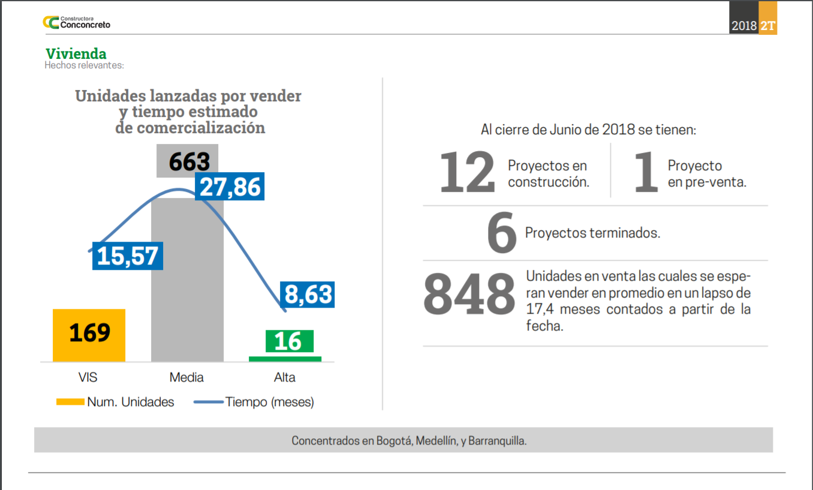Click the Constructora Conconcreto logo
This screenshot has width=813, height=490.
[76, 22]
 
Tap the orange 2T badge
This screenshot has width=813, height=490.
[767, 26]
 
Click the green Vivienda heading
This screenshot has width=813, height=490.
[76, 54]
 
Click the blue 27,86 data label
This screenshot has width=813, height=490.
[230, 187]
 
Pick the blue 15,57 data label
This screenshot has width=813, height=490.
[128, 256]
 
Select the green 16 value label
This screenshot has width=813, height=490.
[289, 341]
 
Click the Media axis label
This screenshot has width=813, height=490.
[186, 377]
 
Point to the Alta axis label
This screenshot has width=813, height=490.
[285, 377]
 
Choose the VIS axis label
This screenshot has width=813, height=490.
[88, 377]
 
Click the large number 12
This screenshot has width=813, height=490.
[468, 173]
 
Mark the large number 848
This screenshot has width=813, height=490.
[469, 294]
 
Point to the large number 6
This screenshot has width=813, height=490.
[502, 234]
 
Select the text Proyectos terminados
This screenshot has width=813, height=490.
[592, 233]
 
